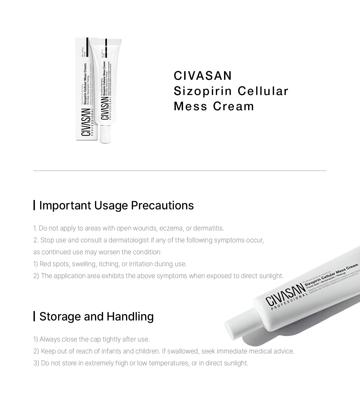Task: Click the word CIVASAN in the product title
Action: (x=203, y=76)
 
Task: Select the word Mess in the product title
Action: (x=191, y=106)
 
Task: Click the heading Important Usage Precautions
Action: (x=116, y=206)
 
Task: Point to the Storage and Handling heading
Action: (x=96, y=316)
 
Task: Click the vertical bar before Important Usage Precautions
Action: (x=34, y=206)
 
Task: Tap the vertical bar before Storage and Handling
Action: (x=34, y=316)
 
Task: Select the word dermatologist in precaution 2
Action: (x=128, y=240)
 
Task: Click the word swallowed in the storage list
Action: (x=183, y=351)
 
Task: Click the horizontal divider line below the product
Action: (x=180, y=171)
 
